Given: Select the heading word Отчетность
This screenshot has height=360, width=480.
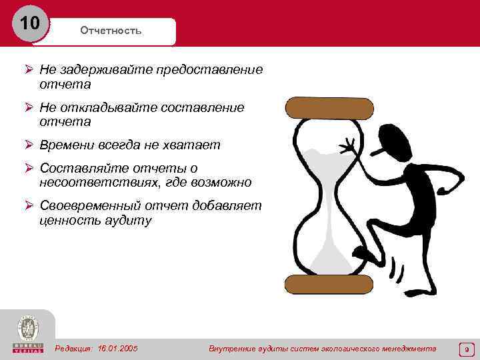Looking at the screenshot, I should pos(111,31).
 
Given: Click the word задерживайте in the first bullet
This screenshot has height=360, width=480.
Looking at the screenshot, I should pos(103,70).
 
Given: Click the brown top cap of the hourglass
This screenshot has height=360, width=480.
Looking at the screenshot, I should pos(329,107).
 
